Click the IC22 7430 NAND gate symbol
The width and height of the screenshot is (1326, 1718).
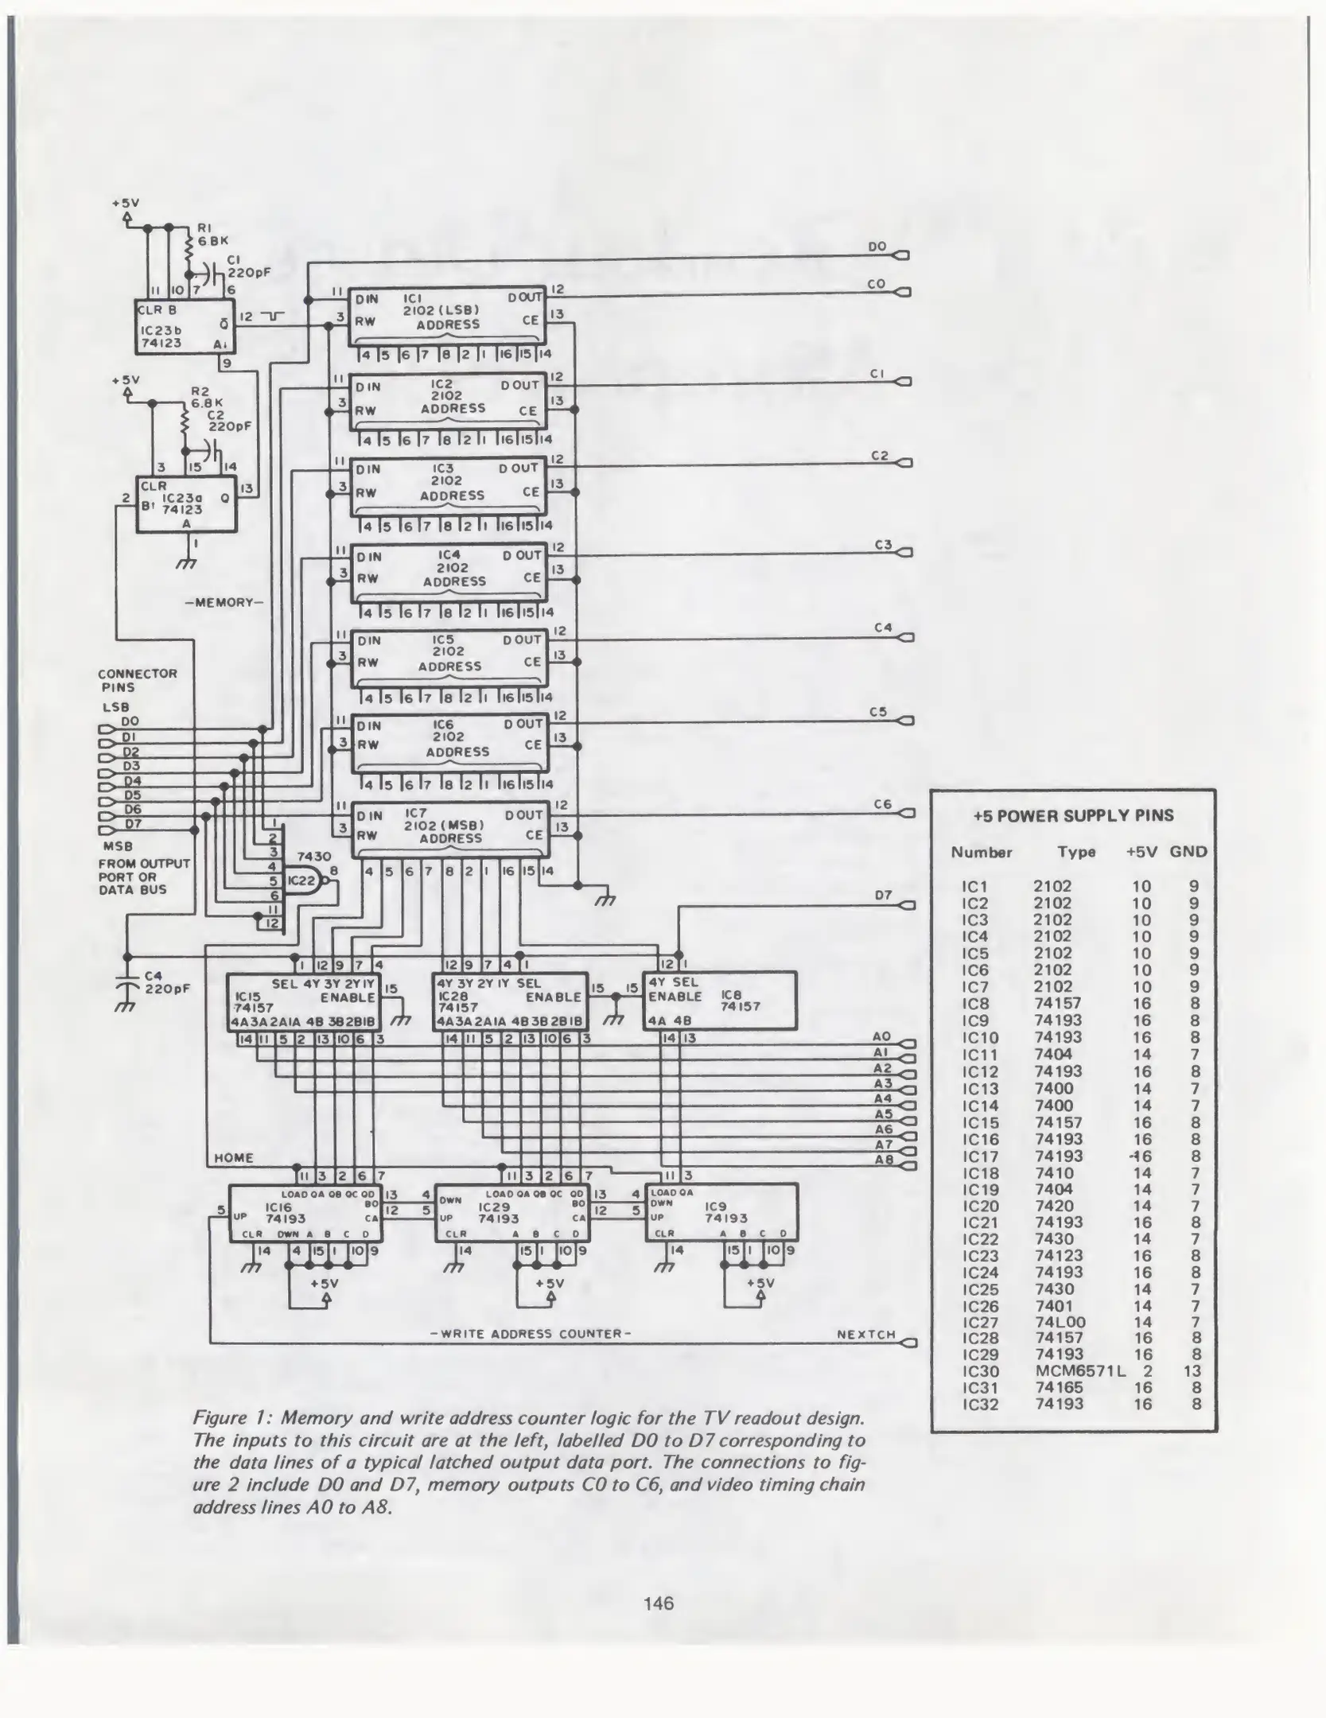click(x=304, y=880)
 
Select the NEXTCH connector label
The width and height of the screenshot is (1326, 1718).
click(x=866, y=1334)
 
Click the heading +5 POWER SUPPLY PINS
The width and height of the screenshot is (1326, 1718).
click(x=1073, y=815)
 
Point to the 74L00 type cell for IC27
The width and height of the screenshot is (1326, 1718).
click(x=1060, y=1321)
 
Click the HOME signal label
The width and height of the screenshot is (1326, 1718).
click(x=234, y=1157)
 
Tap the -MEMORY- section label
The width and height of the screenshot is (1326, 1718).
click(x=223, y=602)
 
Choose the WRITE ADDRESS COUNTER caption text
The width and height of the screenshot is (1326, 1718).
click(x=531, y=1334)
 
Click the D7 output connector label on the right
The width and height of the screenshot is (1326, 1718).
click(x=883, y=896)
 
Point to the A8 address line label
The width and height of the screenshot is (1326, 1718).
click(x=883, y=1160)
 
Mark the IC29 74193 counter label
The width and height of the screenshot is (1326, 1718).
click(x=498, y=1212)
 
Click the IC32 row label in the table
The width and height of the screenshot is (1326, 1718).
click(x=979, y=1404)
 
